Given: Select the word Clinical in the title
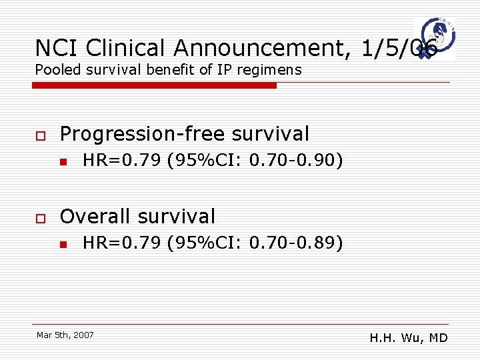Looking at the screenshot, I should pyautogui.click(x=126, y=48).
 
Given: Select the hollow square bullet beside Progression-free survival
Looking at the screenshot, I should pyautogui.click(x=40, y=135).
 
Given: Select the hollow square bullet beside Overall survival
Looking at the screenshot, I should pyautogui.click(x=40, y=218).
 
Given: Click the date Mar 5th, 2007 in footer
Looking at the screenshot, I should pyautogui.click(x=65, y=335).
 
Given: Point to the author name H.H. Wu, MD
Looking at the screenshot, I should pyautogui.click(x=408, y=338).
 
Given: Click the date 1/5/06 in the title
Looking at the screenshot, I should pyautogui.click(x=399, y=48).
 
